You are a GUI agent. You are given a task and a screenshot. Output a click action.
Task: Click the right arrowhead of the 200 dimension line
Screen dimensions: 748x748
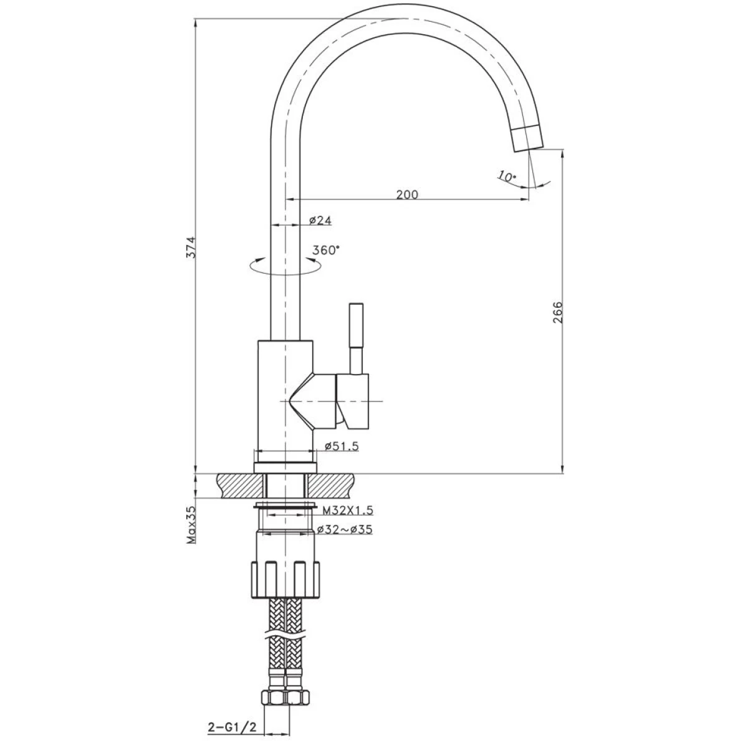(x=524, y=199)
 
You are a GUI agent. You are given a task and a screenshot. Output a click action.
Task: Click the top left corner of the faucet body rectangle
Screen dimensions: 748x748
(x=258, y=341)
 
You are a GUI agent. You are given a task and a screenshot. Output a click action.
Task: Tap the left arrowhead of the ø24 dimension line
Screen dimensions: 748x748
(x=275, y=225)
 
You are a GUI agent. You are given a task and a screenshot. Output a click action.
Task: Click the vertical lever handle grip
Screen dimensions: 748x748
(x=356, y=325)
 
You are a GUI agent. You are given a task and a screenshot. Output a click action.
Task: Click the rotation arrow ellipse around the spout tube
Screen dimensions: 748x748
(x=285, y=266)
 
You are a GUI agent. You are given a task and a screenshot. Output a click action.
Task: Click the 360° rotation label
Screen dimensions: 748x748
(x=326, y=251)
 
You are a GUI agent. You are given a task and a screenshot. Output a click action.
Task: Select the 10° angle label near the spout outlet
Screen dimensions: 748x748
(x=507, y=176)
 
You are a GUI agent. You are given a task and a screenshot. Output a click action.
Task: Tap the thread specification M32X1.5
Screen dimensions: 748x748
(x=348, y=510)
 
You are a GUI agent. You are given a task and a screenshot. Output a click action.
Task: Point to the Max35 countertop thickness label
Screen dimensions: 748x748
(x=192, y=524)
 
